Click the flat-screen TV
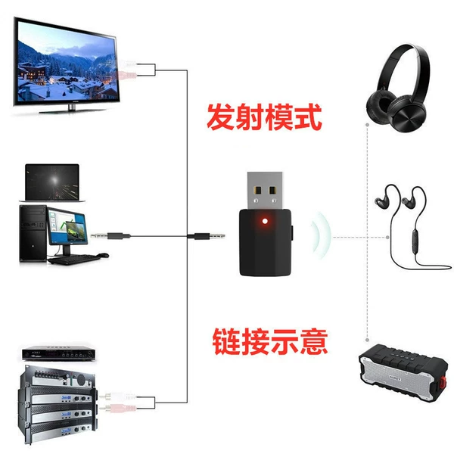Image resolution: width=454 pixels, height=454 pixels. point(66,64)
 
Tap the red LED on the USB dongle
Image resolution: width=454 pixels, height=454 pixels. point(265,222)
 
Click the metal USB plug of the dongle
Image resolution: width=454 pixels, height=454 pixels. point(265,190)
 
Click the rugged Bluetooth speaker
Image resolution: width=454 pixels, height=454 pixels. point(403,372)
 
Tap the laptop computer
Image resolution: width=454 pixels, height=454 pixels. point(52,183)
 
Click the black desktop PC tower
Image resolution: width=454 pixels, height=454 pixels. point(33,233)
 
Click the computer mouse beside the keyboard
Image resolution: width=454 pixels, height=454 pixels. point(103,255)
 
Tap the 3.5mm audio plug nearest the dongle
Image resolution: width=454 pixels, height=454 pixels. point(206,236)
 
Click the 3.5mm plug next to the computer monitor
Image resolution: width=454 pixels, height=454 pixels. point(110,235)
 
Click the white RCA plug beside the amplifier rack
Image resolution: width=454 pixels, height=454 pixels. point(118,396)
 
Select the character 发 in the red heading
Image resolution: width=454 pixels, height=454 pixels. point(221,117)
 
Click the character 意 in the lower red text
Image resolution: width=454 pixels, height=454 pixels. point(314,341)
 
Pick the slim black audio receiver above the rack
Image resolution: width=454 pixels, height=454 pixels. point(59,353)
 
